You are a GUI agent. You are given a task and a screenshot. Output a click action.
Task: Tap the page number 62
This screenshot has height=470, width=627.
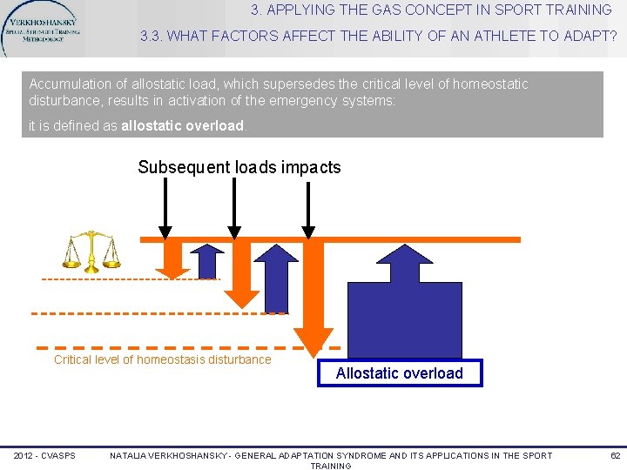click(x=615, y=455)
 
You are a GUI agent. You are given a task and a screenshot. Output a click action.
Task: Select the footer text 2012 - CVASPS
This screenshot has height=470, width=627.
click(x=44, y=455)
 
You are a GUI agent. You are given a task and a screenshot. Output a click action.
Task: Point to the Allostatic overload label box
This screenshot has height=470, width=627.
click(x=400, y=373)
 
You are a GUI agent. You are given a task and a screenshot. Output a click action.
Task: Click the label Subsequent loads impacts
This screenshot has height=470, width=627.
click(x=239, y=167)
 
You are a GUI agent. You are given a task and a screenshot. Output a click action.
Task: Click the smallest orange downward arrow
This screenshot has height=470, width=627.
click(x=172, y=259)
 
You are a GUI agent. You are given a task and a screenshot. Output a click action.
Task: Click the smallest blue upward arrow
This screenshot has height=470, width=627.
click(x=207, y=261)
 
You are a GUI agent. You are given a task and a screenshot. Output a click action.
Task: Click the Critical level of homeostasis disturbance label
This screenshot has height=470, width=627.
click(x=163, y=359)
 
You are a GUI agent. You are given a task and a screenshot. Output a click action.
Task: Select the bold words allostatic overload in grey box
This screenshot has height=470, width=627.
click(x=183, y=125)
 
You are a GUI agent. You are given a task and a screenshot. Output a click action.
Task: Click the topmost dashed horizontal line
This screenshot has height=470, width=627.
click(x=131, y=279)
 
